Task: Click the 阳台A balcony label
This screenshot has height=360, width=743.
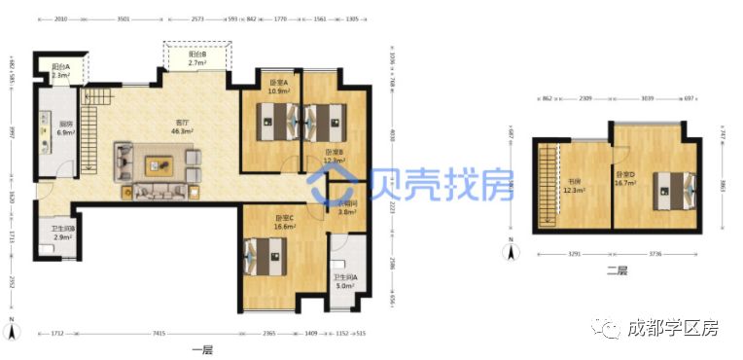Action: pos(59,71)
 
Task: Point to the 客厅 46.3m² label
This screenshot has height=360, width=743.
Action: pos(181,126)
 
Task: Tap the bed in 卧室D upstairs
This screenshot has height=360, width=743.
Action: pos(674,186)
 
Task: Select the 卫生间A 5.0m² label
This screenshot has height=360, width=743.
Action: pos(347,282)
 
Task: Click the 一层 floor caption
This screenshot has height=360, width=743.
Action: pos(202,348)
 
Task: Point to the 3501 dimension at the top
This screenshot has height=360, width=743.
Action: pos(124,18)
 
